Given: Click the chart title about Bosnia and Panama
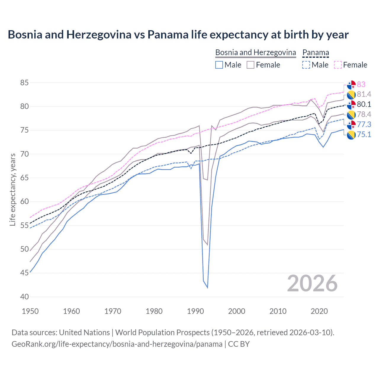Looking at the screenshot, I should coord(178,35).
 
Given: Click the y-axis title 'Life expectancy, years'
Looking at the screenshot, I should coord(12,189).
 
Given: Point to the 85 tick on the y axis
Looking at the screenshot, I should coord(25,83).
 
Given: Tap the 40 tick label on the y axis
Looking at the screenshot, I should coord(25,297).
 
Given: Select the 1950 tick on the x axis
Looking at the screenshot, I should coord(30,311).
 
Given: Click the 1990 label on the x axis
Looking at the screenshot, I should coord(195,311).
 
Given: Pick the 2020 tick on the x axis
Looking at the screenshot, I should coord(319,311).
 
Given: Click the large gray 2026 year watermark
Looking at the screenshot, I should coord(312,283).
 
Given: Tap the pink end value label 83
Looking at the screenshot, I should coord(361,84).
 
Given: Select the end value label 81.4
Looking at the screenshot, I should coord(364,94).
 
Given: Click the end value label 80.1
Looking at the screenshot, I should coord(364,105).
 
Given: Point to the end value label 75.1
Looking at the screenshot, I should coord(364,135).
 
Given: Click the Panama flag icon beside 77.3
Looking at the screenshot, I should coord(351,125).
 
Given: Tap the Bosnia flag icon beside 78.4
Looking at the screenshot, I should coord(351,115).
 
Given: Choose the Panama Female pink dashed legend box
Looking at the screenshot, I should coord(338,65).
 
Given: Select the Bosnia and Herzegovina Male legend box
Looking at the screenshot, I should coord(219,65).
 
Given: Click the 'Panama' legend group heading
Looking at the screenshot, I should coord(316,52).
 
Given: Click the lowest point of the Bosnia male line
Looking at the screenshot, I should coord(207,288).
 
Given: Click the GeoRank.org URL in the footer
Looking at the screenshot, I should coord(117,344).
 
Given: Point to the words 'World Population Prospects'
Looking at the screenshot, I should coord(162,333).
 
